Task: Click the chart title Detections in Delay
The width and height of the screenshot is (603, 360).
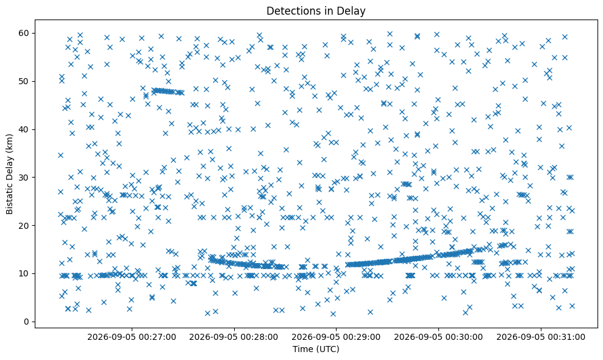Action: click(x=316, y=11)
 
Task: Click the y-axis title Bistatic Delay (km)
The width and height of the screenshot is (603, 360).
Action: click(x=10, y=174)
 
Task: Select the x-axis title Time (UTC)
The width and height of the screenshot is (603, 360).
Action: click(x=316, y=349)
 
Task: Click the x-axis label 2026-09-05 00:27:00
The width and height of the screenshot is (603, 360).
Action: click(x=132, y=337)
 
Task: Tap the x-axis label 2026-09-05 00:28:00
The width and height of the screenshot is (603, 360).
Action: click(x=234, y=337)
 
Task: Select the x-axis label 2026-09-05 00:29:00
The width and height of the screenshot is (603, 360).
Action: click(x=336, y=337)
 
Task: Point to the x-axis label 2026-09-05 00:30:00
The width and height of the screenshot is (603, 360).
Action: click(x=438, y=337)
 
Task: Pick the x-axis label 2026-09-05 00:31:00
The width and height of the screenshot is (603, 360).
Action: click(x=541, y=337)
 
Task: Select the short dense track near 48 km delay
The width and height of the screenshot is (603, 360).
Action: click(x=168, y=92)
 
